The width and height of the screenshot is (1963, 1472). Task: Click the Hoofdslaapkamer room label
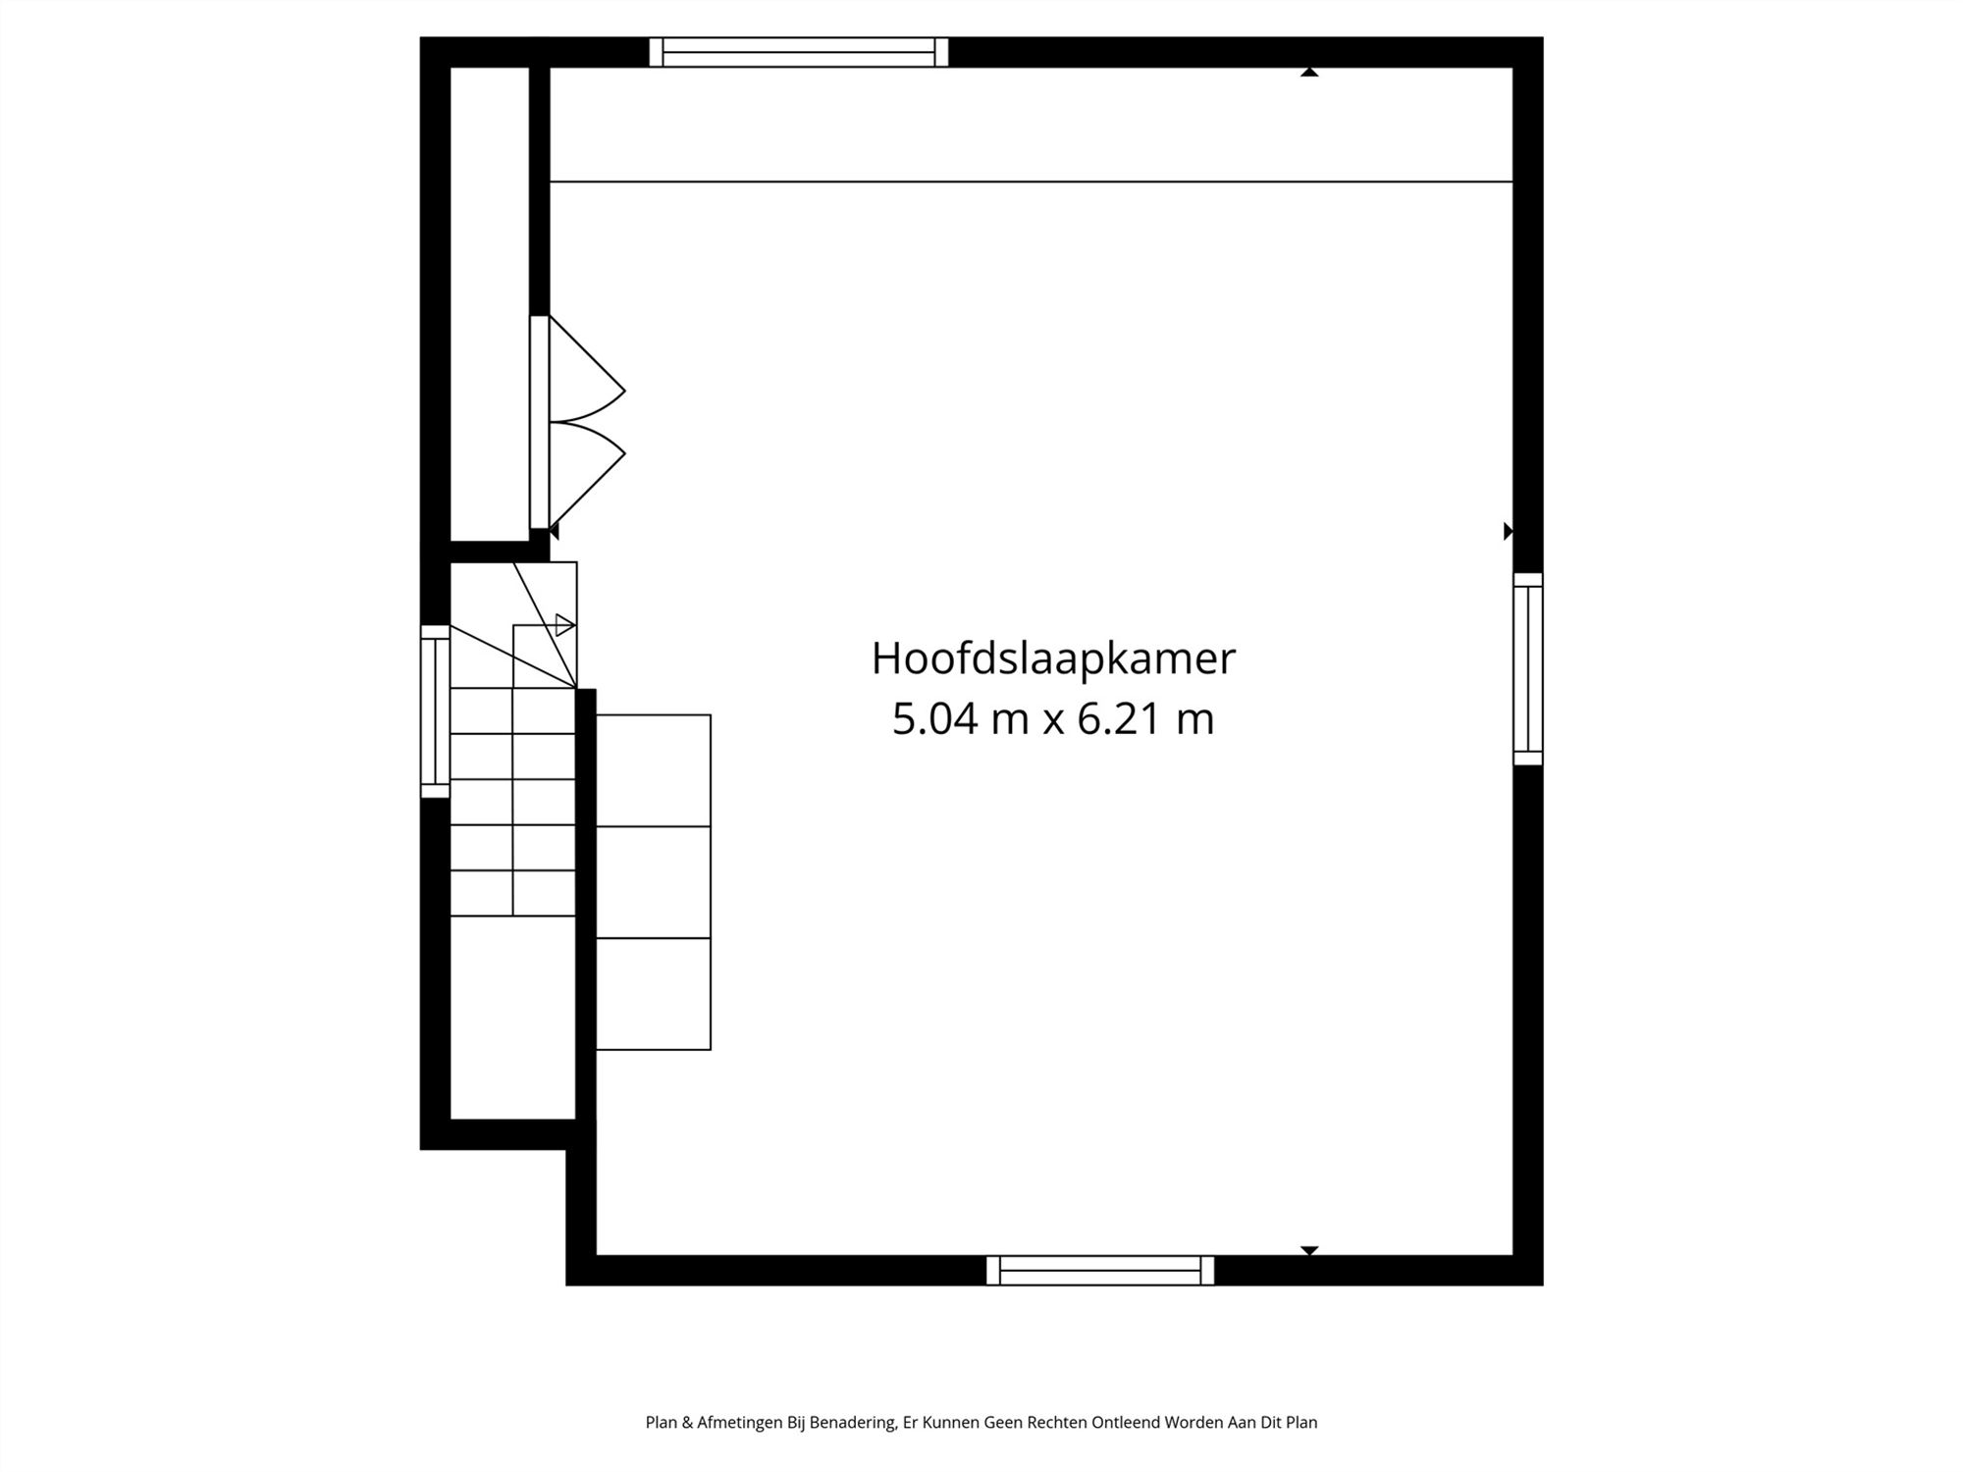pyautogui.click(x=1052, y=658)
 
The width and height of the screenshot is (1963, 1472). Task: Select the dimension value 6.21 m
pyautogui.click(x=1145, y=719)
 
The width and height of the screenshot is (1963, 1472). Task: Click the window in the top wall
pyautogui.click(x=799, y=52)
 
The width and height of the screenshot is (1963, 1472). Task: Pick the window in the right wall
pyautogui.click(x=1527, y=668)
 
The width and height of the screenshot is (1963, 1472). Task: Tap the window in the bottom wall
pyautogui.click(x=1099, y=1270)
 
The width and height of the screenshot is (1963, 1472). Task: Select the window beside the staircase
pyautogui.click(x=435, y=710)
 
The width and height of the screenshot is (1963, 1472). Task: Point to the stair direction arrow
pyautogui.click(x=564, y=624)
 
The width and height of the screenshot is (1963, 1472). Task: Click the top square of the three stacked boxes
pyautogui.click(x=653, y=770)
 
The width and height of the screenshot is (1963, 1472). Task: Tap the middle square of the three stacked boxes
pyautogui.click(x=653, y=882)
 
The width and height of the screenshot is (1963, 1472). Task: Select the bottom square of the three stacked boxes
pyautogui.click(x=653, y=993)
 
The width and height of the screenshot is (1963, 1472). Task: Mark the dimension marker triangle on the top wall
pyautogui.click(x=1308, y=72)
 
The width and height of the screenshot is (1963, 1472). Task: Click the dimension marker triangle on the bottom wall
pyautogui.click(x=1308, y=1250)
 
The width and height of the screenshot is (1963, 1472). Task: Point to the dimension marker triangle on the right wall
pyautogui.click(x=1509, y=531)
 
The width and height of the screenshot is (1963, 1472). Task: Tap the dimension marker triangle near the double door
pyautogui.click(x=554, y=531)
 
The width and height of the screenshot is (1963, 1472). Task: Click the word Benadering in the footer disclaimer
pyautogui.click(x=852, y=1422)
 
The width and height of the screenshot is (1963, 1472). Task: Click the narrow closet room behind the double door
pyautogui.click(x=490, y=304)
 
